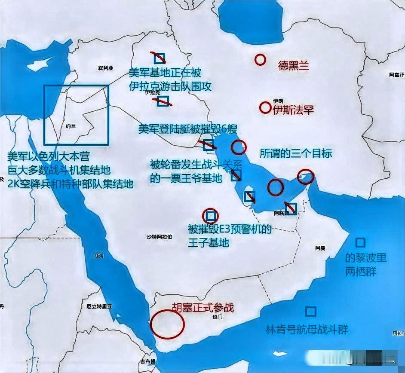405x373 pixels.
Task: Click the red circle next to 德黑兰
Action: pos(260,60)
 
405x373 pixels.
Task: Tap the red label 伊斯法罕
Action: pos(293,110)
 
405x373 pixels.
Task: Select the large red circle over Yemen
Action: pos(167,323)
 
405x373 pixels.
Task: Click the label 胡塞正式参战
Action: pos(203,308)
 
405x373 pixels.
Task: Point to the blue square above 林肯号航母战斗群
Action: pos(310,311)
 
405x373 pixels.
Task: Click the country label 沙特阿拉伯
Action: pos(160,237)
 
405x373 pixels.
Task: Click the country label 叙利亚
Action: pos(105,68)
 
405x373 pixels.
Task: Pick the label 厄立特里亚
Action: pos(99,307)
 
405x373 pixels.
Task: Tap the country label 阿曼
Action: pos(320,248)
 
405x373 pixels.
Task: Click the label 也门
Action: pos(218,317)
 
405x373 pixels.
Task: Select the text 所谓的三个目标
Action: pos(296,153)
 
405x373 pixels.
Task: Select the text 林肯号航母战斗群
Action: pos(307,330)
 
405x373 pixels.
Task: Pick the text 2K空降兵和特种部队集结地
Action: pos(71,183)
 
